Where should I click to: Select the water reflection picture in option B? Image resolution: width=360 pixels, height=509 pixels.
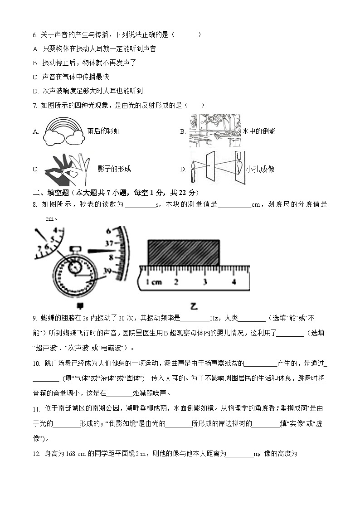(214, 131)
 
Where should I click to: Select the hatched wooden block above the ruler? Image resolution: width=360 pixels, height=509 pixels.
(184, 252)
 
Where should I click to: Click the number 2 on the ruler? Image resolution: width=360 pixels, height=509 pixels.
(176, 281)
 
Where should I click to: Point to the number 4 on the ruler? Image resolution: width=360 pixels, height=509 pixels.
(234, 281)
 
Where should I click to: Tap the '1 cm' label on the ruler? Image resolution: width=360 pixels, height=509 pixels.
(154, 282)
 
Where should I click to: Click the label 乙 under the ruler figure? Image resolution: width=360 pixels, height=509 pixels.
(194, 307)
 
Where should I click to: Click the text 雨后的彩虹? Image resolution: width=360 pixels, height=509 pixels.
(103, 131)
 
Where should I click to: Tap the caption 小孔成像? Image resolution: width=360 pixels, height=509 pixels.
(260, 170)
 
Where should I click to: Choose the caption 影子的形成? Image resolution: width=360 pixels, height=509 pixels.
(114, 169)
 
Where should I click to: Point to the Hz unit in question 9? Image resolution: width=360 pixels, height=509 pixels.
(214, 319)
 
